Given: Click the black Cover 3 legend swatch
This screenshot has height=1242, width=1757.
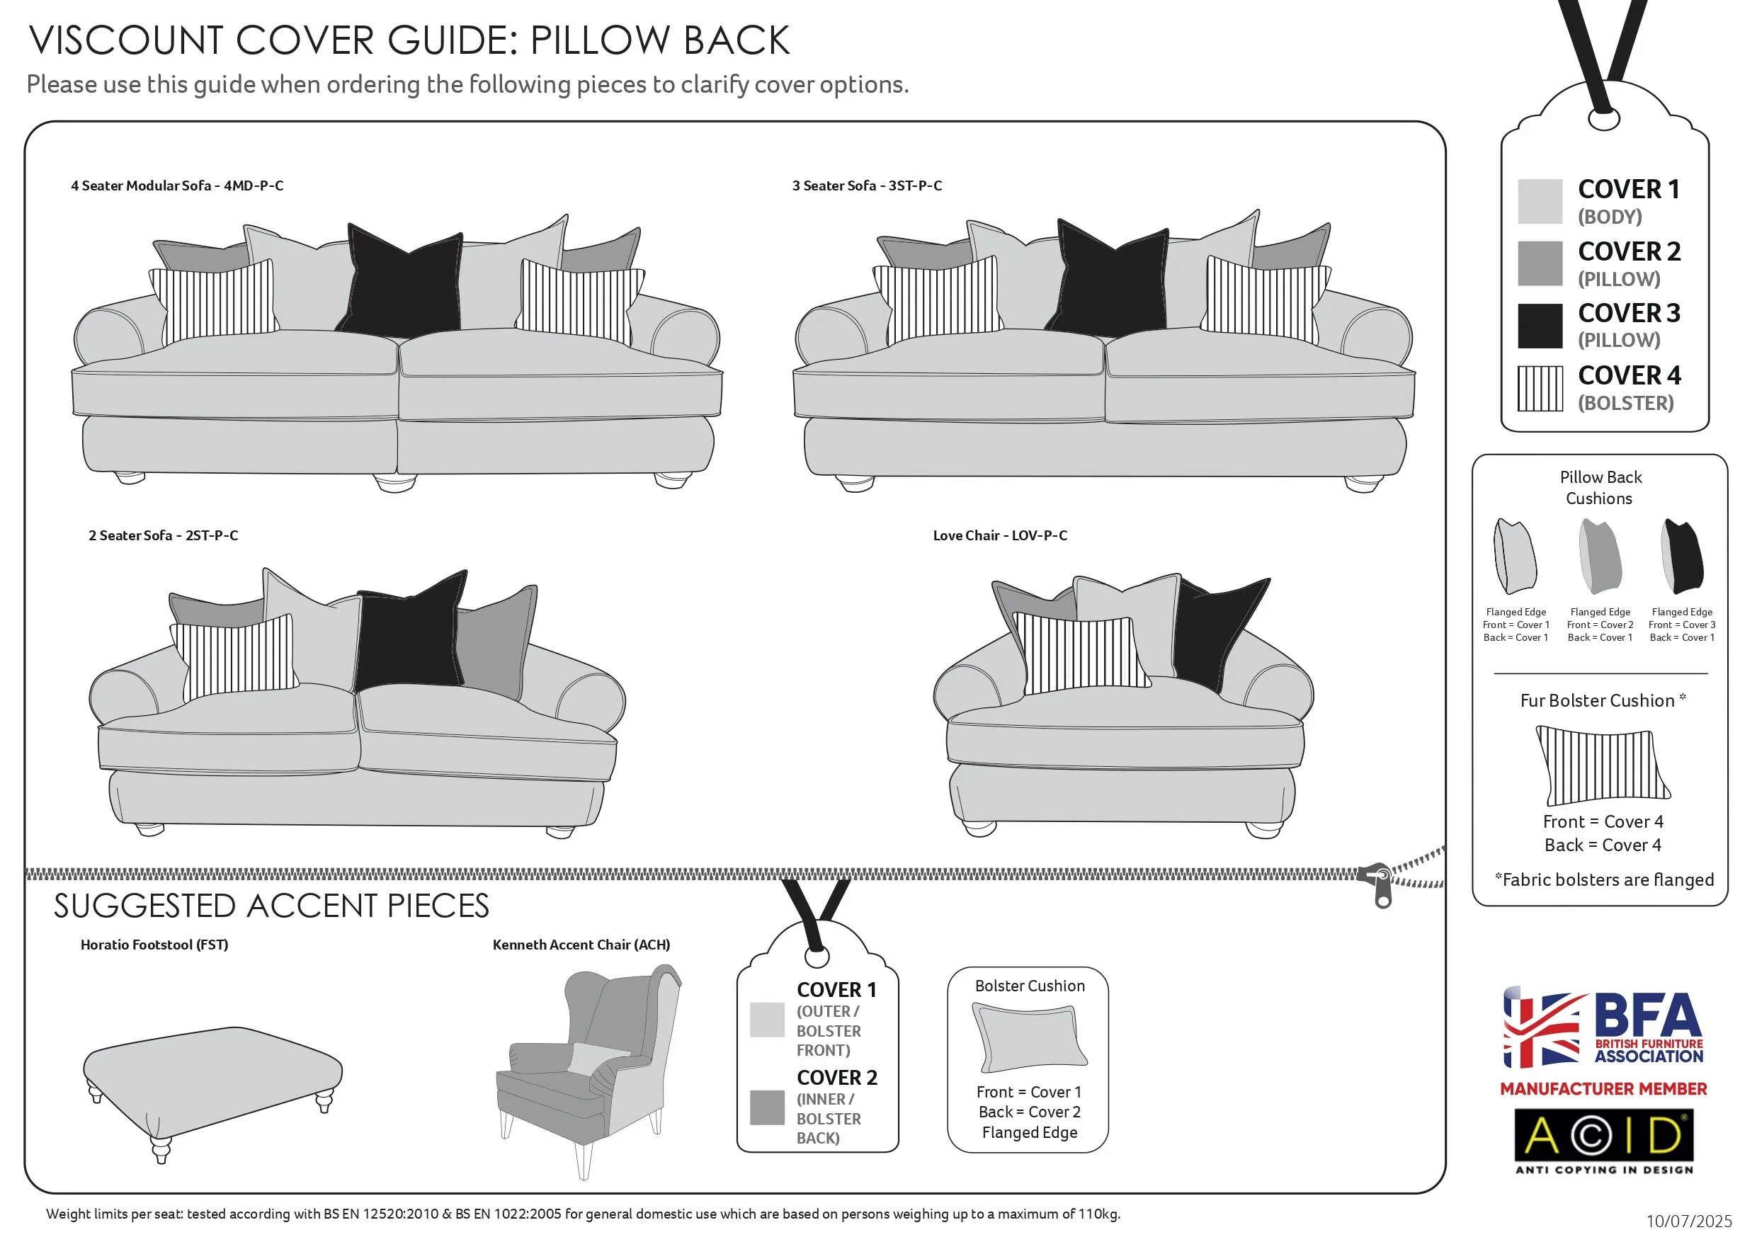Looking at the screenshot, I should (1539, 326).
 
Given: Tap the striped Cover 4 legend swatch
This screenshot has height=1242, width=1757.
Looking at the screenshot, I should (1539, 389).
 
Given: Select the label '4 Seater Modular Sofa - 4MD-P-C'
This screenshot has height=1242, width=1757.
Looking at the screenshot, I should (177, 186).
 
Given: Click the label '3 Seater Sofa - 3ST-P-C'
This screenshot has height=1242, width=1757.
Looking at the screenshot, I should (866, 186).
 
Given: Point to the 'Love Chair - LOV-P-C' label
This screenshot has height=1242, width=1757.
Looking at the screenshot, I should (999, 536).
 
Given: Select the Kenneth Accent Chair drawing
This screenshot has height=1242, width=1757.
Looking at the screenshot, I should (589, 1064).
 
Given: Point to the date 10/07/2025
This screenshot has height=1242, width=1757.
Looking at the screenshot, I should (1688, 1221).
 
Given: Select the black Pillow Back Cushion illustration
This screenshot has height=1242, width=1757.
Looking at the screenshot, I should (1683, 557).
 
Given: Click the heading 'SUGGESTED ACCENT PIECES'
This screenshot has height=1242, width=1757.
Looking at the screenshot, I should (271, 907).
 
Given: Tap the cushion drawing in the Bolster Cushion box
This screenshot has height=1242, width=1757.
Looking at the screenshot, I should (1029, 1037).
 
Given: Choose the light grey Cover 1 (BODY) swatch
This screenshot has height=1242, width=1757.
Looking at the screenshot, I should (1539, 202).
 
